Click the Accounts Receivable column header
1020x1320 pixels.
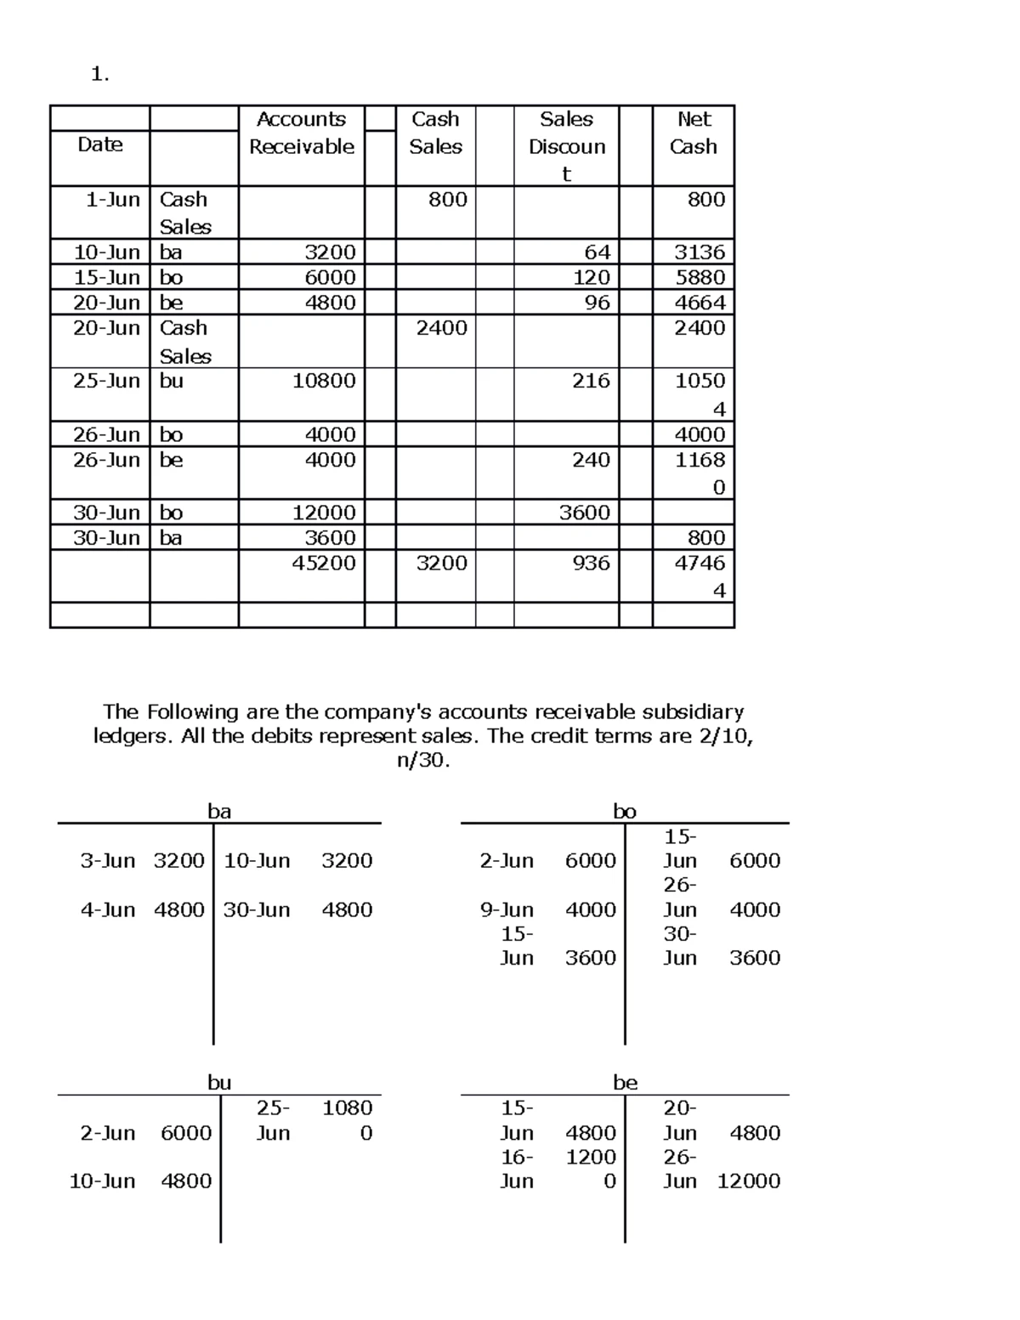(301, 133)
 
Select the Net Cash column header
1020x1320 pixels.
(694, 133)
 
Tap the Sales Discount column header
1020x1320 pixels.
(566, 146)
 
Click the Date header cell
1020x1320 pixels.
(100, 144)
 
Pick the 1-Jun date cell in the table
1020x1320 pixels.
(112, 200)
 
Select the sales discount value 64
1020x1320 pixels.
(597, 252)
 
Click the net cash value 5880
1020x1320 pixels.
(700, 278)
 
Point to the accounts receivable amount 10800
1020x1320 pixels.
(324, 381)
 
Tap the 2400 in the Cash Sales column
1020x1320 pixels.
(441, 328)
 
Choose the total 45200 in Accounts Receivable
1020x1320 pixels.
(324, 563)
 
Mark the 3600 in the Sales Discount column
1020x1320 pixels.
(584, 513)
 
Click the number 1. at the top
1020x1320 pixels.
(99, 75)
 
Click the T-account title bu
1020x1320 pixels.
(219, 1082)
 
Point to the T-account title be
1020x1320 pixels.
(625, 1082)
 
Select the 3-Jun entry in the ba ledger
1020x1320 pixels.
(107, 861)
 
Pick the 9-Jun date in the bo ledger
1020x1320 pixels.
(507, 909)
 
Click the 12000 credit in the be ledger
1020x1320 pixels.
(748, 1181)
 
